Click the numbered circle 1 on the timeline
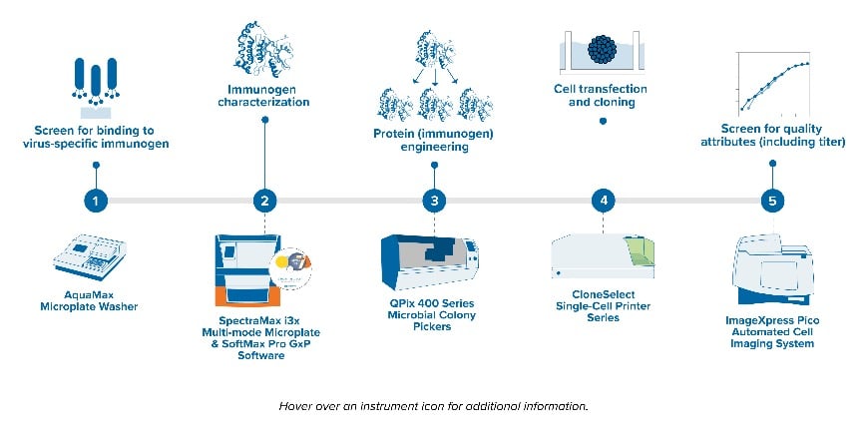(x=95, y=201)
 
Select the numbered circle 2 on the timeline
(x=264, y=201)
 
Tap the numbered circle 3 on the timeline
(x=433, y=201)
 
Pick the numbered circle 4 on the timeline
(x=603, y=201)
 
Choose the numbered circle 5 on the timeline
(x=771, y=201)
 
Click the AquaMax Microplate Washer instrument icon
(x=96, y=260)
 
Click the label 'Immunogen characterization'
(x=264, y=95)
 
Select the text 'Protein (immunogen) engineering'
(x=433, y=140)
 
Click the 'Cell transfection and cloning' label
(x=601, y=95)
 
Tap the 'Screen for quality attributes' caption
(x=770, y=135)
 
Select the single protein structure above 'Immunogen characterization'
(x=260, y=44)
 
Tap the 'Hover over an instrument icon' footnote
(x=433, y=406)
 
